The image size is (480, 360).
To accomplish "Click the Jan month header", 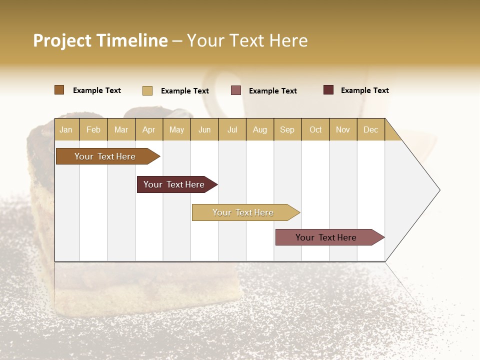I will [x=66, y=129].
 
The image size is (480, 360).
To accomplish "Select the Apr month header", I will [x=148, y=129].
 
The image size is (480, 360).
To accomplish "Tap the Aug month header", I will [x=259, y=129].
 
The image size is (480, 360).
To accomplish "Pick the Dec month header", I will [x=370, y=129].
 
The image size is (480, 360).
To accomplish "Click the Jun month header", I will [x=204, y=129].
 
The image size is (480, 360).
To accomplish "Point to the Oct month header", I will [x=315, y=129].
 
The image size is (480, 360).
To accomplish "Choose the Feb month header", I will [x=93, y=129].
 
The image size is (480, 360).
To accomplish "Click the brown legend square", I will [x=59, y=90].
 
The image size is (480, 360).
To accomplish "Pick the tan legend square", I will [x=147, y=90].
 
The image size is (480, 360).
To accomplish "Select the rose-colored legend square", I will [x=236, y=90].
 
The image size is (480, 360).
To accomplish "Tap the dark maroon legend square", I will [x=328, y=90].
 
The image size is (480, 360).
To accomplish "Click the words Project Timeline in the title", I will [x=100, y=40].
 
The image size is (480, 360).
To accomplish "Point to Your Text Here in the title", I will [x=247, y=40].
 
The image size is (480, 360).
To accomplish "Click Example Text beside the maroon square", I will [x=364, y=90].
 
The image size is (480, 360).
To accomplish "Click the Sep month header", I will [x=287, y=129].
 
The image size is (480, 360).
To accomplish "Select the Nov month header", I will [x=343, y=129].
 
